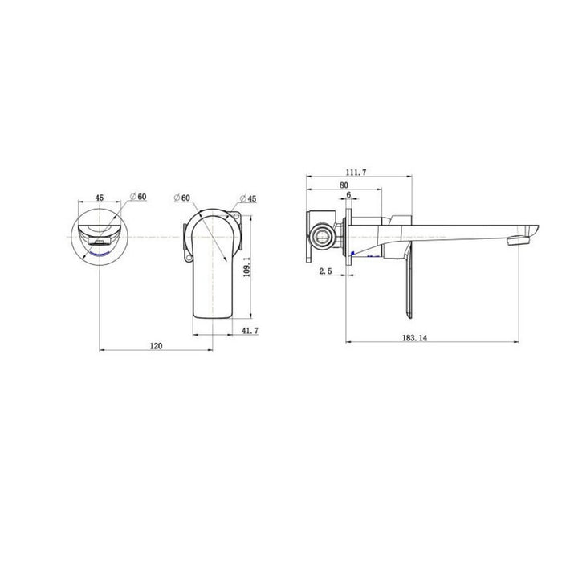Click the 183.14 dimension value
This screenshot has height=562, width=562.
pyautogui.click(x=415, y=338)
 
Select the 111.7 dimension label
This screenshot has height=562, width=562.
pyautogui.click(x=356, y=173)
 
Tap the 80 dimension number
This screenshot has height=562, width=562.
pyautogui.click(x=344, y=185)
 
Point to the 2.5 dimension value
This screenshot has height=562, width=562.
pyautogui.click(x=325, y=271)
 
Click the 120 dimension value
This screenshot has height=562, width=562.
pyautogui.click(x=156, y=346)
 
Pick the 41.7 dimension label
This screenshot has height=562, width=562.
pyautogui.click(x=250, y=331)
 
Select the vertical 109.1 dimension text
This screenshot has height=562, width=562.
pyautogui.click(x=246, y=267)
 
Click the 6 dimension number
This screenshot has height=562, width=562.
pyautogui.click(x=348, y=194)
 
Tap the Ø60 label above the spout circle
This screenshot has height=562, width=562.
pyautogui.click(x=138, y=197)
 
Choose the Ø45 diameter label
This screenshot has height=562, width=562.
pyautogui.click(x=248, y=198)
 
